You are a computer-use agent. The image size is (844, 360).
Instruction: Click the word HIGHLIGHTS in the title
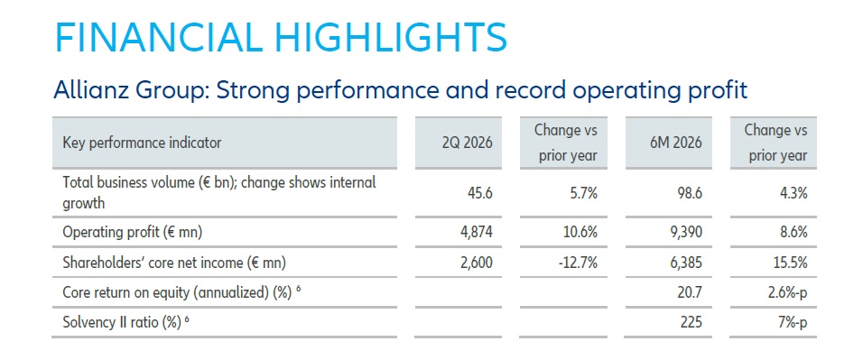385,37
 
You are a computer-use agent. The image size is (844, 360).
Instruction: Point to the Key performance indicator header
142,143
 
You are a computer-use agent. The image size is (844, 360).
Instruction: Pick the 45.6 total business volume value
480,194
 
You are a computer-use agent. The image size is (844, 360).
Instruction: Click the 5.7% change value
583,194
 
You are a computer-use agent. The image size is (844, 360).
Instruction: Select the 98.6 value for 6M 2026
691,194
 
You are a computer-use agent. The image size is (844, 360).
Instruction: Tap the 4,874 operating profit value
477,233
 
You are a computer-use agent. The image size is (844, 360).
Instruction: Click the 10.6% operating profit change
580,233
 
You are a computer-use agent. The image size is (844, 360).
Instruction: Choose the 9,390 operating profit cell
686,233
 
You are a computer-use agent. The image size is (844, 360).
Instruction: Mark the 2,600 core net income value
477,263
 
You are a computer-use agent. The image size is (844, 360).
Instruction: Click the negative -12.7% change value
578,263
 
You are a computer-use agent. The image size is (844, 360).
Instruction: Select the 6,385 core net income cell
686,263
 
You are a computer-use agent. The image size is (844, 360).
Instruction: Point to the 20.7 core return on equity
691,292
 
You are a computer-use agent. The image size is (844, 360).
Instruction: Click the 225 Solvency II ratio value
692,322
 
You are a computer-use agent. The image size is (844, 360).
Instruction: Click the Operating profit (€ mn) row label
133,233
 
